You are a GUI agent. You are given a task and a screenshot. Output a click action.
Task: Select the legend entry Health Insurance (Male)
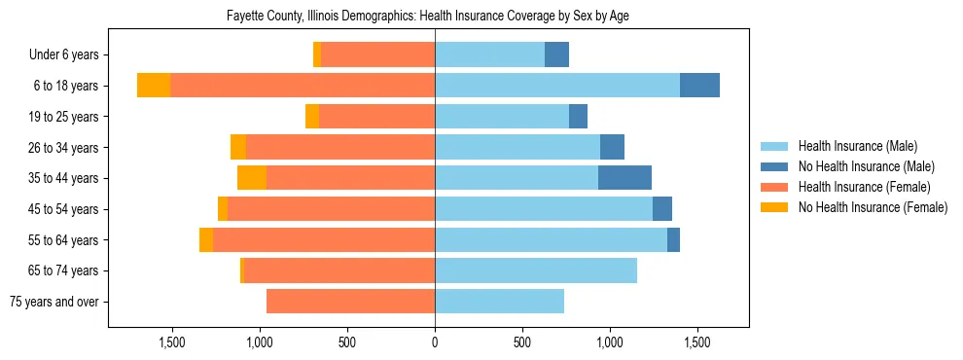click(x=857, y=146)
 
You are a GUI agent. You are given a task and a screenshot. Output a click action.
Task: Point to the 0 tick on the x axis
click(x=435, y=343)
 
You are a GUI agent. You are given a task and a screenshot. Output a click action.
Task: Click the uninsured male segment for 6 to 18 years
click(x=699, y=86)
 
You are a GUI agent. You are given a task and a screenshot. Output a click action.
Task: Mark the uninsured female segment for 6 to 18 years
click(x=154, y=86)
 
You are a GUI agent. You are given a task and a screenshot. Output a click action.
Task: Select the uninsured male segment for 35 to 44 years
click(x=624, y=178)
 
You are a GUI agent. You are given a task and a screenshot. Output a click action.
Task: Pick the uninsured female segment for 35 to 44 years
click(x=252, y=178)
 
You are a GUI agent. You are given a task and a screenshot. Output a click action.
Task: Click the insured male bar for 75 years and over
click(x=499, y=302)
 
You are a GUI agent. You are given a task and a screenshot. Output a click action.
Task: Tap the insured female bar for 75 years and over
click(x=350, y=302)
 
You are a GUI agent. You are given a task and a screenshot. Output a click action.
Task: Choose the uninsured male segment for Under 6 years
click(x=556, y=55)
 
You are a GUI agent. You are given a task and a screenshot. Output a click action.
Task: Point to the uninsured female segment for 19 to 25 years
click(x=312, y=117)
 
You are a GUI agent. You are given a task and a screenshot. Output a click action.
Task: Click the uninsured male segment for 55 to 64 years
click(x=673, y=239)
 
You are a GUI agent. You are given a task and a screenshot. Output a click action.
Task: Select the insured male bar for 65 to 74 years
click(x=536, y=270)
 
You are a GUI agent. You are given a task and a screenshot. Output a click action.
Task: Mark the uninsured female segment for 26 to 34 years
click(x=238, y=147)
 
